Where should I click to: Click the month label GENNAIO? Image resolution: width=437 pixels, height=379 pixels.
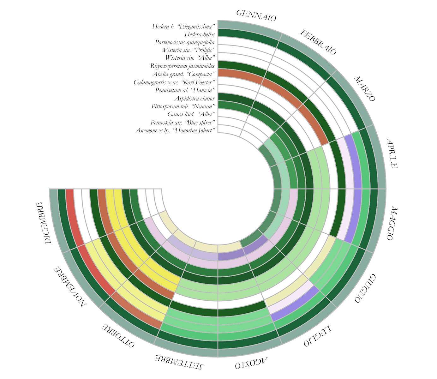(x=256, y=15)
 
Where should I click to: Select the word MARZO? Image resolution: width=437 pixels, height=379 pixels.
(x=364, y=89)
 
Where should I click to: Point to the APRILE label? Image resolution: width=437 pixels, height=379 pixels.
(x=391, y=153)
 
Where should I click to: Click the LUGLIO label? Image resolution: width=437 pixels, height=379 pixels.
(x=318, y=336)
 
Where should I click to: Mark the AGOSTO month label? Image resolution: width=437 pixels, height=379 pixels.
(x=251, y=363)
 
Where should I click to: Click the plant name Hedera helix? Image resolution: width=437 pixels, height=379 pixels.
(x=200, y=34)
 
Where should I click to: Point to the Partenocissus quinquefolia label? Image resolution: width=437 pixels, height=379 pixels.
(x=185, y=42)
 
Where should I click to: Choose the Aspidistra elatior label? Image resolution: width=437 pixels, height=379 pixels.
(x=194, y=99)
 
